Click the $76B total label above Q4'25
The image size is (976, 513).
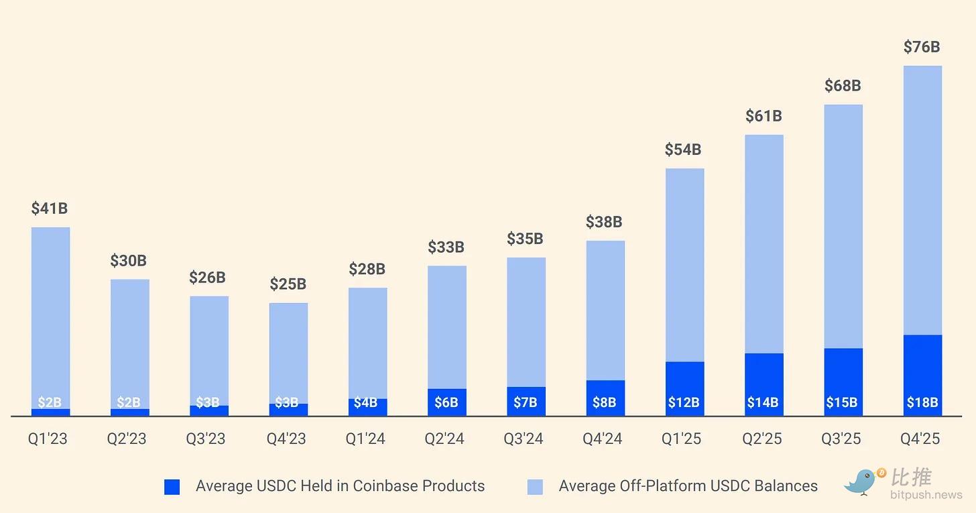[922, 47]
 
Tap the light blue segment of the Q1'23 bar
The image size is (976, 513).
[50, 315]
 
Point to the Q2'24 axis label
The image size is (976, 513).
[444, 439]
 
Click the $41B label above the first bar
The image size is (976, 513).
[50, 209]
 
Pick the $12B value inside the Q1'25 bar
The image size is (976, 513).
[684, 403]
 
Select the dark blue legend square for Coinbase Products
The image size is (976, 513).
[172, 487]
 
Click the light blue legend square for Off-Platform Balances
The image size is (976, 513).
[535, 487]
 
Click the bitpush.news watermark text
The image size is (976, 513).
[926, 496]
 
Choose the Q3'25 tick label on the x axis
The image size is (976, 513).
[842, 439]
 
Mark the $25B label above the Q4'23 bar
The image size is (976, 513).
[288, 284]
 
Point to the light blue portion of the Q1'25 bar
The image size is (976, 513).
[684, 265]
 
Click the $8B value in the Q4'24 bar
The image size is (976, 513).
[605, 403]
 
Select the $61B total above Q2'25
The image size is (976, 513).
[764, 116]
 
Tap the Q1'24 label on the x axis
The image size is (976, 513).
[365, 439]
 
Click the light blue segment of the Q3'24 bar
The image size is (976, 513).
[526, 322]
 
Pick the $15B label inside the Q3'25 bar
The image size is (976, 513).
[842, 403]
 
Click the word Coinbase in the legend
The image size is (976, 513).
[383, 486]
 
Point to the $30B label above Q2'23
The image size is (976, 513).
[128, 261]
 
